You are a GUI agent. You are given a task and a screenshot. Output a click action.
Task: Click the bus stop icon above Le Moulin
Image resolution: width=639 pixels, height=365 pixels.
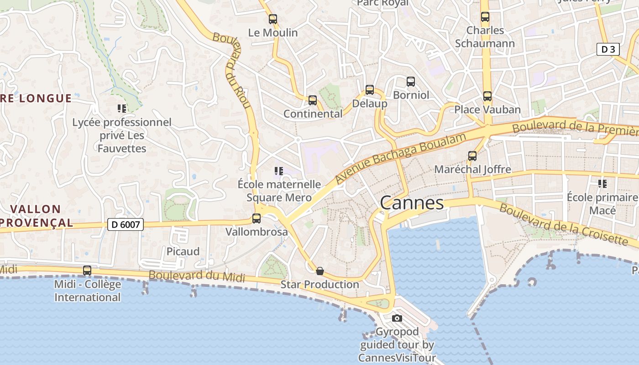[x=273, y=19]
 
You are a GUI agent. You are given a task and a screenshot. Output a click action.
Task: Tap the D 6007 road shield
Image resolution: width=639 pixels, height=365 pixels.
[x=126, y=224]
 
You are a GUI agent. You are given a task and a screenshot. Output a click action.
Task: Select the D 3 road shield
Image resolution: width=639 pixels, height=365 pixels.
[x=608, y=49]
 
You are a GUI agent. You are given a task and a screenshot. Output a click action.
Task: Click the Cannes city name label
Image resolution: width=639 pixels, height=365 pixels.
[x=412, y=203]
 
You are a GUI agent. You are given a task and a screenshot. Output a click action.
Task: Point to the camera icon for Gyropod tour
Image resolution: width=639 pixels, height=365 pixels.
[x=397, y=318]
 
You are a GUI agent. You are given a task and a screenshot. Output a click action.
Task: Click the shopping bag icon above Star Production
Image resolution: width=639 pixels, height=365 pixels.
[x=320, y=271]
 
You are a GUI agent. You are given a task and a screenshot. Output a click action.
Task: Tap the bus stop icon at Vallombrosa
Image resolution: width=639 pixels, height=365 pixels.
[x=257, y=219]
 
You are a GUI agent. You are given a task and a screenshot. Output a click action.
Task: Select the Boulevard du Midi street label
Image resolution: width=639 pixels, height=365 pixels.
[x=197, y=276]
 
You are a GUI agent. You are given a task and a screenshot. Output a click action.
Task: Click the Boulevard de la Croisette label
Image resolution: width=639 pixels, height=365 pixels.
[x=563, y=224]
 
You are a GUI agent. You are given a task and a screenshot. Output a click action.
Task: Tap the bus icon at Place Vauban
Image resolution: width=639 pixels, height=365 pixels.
[x=487, y=96]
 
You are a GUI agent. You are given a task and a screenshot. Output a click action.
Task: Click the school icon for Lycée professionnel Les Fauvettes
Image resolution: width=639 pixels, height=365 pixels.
[x=122, y=109]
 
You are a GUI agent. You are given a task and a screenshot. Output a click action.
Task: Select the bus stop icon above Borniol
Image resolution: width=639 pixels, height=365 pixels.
[x=411, y=82]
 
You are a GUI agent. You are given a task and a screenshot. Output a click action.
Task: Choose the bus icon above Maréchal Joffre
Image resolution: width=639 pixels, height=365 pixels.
[x=472, y=156]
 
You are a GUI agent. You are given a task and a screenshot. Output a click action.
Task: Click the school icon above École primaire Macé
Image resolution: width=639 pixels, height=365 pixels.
[x=602, y=184]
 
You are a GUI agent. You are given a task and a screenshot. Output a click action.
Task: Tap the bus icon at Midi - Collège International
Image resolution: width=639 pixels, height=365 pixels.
[x=87, y=271]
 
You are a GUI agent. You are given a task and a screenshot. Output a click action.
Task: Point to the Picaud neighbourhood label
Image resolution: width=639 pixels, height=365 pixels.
[x=183, y=251]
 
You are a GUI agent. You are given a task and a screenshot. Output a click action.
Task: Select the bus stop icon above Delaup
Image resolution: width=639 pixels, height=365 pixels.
[x=370, y=90]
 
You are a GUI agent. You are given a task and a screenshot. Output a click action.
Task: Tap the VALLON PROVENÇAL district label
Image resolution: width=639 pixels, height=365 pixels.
[x=36, y=216]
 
